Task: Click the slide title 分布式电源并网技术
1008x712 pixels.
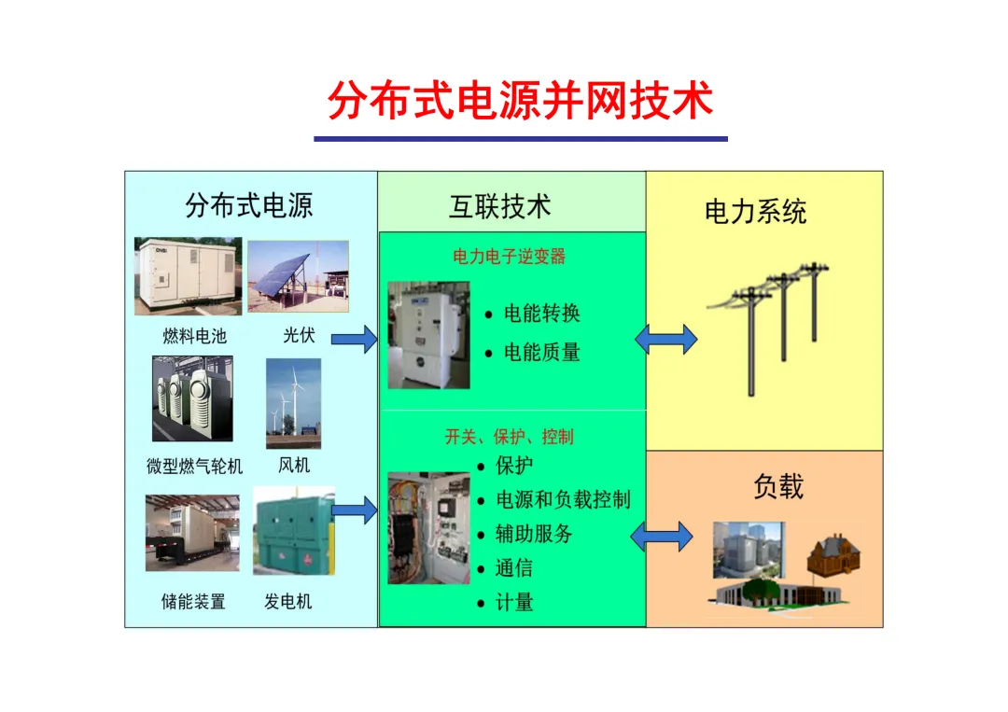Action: (520, 102)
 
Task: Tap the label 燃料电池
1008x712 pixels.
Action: (194, 336)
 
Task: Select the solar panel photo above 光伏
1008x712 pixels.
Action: (298, 276)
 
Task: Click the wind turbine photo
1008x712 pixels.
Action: (293, 403)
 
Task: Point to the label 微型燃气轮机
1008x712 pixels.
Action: (194, 466)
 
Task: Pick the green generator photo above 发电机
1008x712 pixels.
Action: (293, 530)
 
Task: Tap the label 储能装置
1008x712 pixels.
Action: (193, 602)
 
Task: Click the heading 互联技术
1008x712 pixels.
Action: (500, 206)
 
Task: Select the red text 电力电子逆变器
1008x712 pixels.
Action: (509, 257)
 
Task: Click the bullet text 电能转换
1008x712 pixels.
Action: (542, 314)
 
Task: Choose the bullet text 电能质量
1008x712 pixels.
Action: (542, 352)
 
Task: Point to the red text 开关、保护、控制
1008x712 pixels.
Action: (509, 437)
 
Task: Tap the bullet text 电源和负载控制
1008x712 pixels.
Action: (563, 499)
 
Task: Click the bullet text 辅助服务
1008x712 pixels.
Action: (534, 534)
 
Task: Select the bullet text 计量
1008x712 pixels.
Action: (514, 603)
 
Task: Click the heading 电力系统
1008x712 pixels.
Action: (755, 212)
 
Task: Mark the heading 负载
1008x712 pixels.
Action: (777, 486)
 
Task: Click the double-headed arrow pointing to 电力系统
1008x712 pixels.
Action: (666, 339)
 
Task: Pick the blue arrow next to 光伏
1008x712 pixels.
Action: (354, 339)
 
